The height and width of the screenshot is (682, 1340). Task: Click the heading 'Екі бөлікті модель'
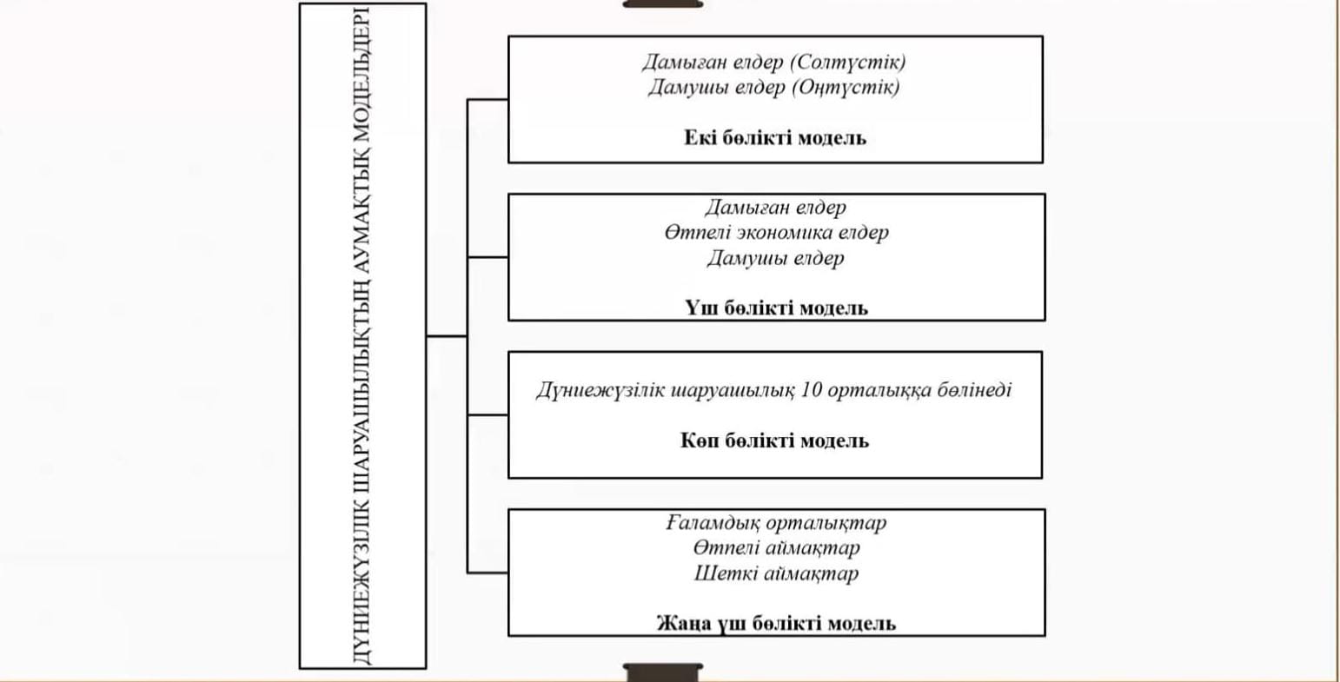(774, 137)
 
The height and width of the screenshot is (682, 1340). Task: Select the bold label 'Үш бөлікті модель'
(775, 308)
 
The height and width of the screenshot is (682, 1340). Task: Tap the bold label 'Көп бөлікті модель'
(774, 440)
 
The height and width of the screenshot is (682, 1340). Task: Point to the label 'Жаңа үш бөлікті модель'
(775, 623)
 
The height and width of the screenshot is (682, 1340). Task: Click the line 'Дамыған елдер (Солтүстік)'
(773, 62)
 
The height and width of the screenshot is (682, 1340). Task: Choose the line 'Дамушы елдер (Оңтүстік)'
(773, 87)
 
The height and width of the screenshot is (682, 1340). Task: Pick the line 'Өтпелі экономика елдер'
(776, 232)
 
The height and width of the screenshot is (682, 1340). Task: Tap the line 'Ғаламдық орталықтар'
(776, 522)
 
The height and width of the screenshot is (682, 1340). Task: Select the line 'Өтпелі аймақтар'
(776, 547)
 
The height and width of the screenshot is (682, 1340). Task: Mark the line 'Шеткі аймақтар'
(776, 573)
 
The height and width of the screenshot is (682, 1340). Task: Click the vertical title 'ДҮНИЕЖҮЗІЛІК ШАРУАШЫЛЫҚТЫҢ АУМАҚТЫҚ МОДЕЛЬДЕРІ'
(362, 336)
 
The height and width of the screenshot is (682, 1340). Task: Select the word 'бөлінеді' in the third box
(974, 390)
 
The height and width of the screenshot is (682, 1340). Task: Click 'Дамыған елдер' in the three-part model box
(775, 207)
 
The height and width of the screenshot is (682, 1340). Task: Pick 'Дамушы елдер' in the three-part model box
(775, 258)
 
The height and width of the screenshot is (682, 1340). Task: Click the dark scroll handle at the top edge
(663, 3)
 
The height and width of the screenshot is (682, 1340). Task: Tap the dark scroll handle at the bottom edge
(663, 672)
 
